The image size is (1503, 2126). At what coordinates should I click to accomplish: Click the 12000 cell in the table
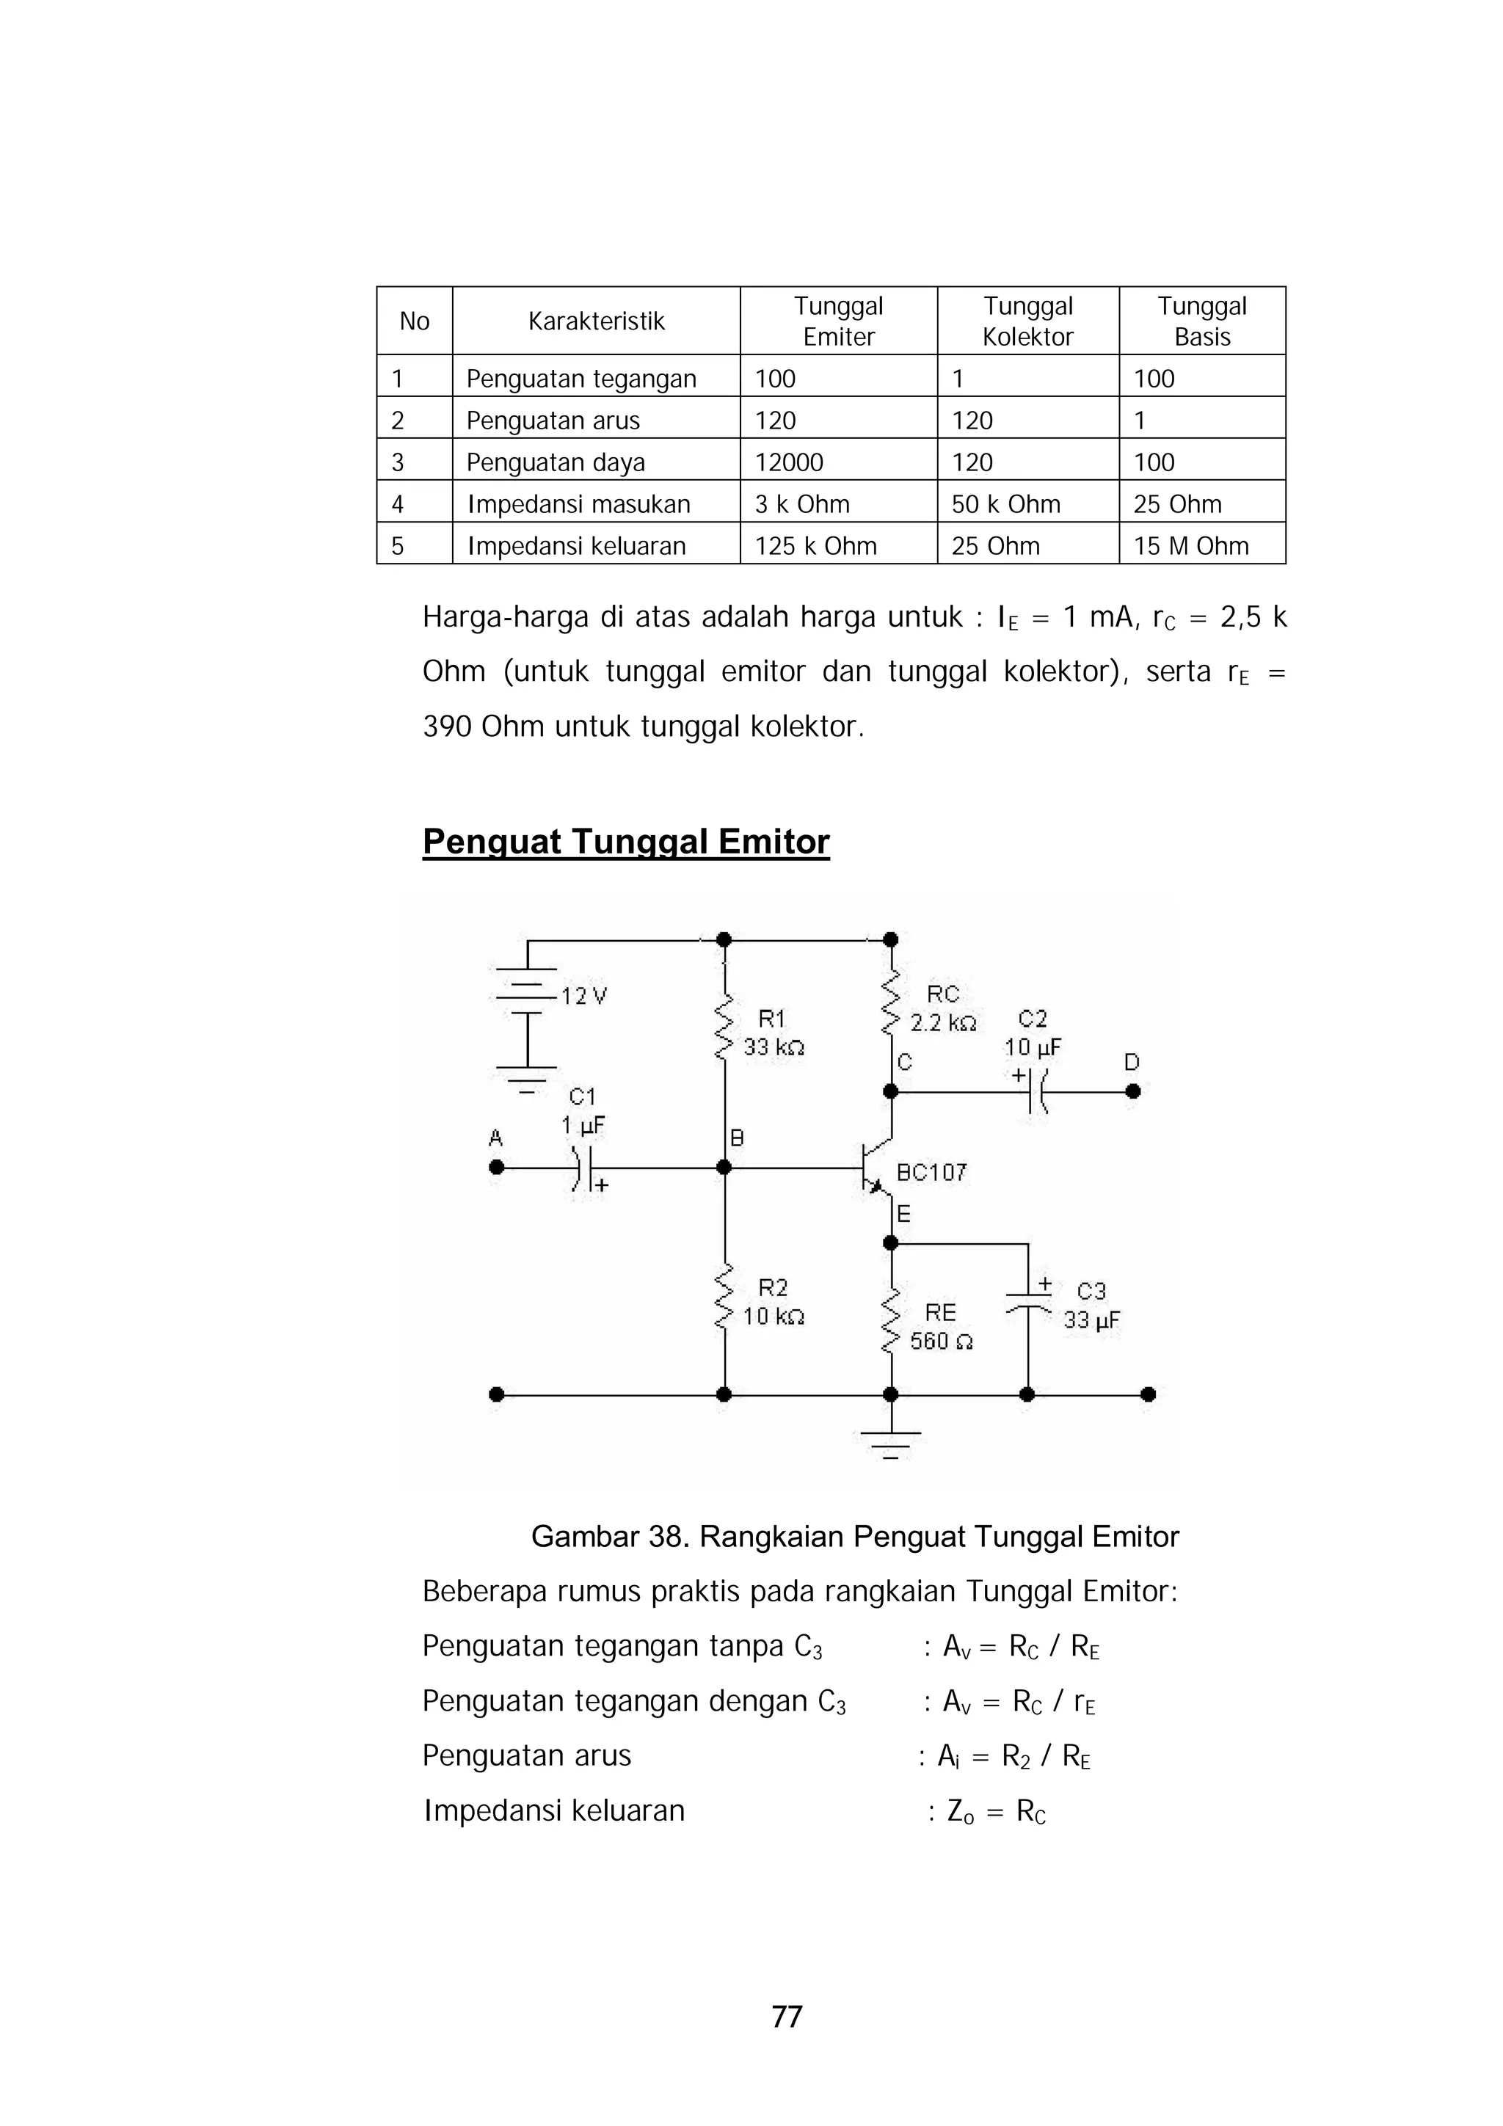(789, 462)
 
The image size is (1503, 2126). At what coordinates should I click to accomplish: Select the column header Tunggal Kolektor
(1028, 321)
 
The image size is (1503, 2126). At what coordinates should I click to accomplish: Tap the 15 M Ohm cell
(1191, 545)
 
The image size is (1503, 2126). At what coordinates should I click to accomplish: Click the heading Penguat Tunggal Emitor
(626, 842)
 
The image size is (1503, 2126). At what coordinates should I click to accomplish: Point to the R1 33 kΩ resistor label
(774, 1033)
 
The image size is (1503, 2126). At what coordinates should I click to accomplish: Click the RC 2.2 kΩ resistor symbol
(891, 1004)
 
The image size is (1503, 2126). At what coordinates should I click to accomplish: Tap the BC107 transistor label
(931, 1173)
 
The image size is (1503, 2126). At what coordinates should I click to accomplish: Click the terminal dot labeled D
(1132, 1092)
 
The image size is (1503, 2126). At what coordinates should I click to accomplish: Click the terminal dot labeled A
(496, 1168)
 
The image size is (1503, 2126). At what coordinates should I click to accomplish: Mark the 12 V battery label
(584, 997)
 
